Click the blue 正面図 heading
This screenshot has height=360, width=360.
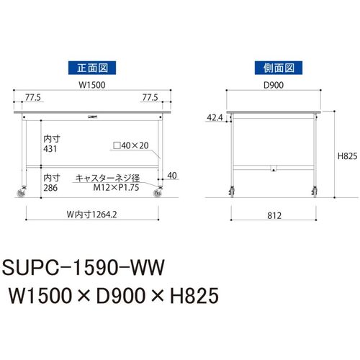92,68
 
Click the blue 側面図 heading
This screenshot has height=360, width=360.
279,68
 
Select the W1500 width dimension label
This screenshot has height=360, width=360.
92,85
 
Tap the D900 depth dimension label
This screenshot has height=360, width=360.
274,85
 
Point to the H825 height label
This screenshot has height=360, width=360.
347,156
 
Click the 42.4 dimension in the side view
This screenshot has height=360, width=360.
215,117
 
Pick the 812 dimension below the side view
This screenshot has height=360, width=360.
274,215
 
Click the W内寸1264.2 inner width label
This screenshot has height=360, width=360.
92,215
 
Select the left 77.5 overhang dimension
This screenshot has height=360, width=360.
33,98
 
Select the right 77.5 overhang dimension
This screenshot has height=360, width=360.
150,98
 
